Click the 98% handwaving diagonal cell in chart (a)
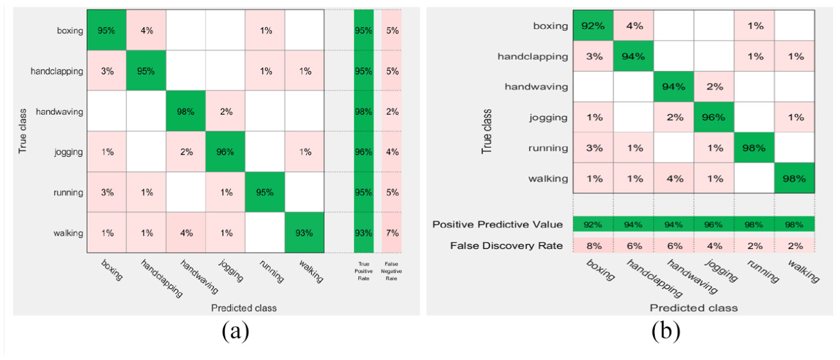pyautogui.click(x=186, y=111)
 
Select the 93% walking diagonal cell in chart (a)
pyautogui.click(x=304, y=232)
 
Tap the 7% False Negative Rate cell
pyautogui.click(x=392, y=232)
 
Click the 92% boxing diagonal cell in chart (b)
pyautogui.click(x=593, y=26)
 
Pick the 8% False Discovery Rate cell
pyautogui.click(x=593, y=246)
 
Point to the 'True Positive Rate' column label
pyautogui.click(x=363, y=271)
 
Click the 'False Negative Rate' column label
pyautogui.click(x=391, y=271)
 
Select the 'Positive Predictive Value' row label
pyautogui.click(x=497, y=224)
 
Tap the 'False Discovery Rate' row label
pyautogui.click(x=507, y=246)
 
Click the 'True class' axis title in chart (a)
pyautogui.click(x=23, y=131)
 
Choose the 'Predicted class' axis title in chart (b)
pyautogui.click(x=694, y=308)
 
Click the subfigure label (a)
pyautogui.click(x=236, y=332)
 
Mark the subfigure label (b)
pyautogui.click(x=666, y=332)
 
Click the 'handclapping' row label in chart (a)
pyautogui.click(x=57, y=71)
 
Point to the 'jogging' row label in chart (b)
pyautogui.click(x=549, y=118)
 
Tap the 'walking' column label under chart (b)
pyautogui.click(x=803, y=271)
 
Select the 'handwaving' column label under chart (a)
pyautogui.click(x=199, y=277)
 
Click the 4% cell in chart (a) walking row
pyautogui.click(x=186, y=232)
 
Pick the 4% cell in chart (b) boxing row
pyautogui.click(x=634, y=26)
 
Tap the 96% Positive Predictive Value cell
pyautogui.click(x=713, y=224)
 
